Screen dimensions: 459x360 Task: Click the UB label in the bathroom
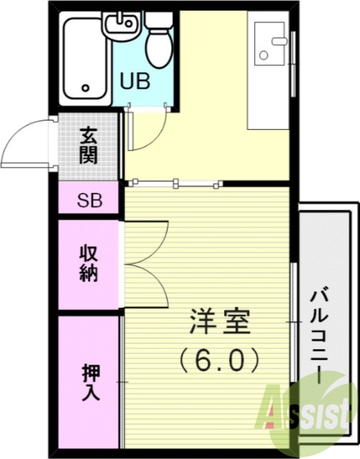(135, 81)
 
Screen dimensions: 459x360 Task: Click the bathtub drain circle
(86, 88)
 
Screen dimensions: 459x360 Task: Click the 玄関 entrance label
(88, 145)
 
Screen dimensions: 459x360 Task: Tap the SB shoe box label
(89, 201)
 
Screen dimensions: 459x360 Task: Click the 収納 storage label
(88, 263)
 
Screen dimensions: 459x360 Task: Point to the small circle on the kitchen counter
(263, 56)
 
